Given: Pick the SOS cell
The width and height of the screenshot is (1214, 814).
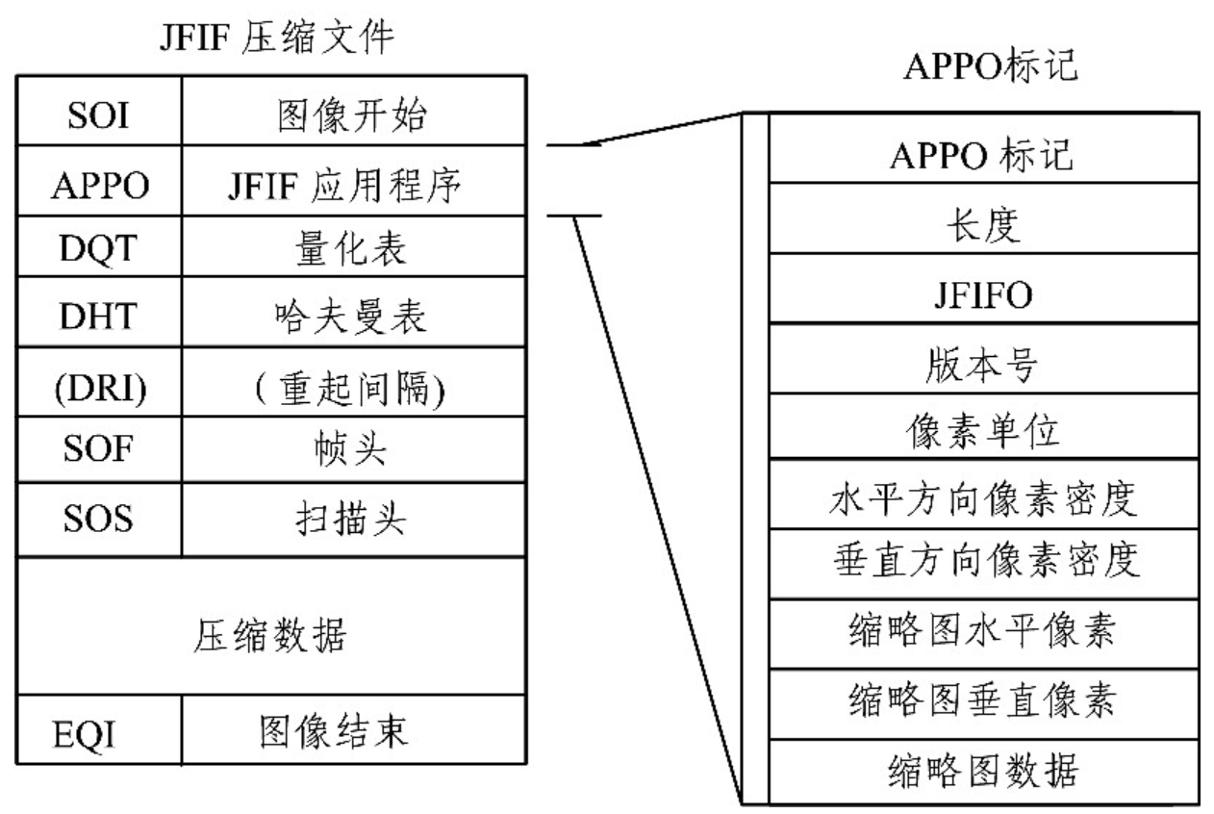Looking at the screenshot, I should click(97, 521).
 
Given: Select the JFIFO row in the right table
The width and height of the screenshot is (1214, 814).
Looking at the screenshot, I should click(983, 295).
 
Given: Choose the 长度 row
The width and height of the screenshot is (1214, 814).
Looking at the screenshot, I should click(983, 226).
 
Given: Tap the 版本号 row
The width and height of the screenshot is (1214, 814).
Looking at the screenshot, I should click(983, 364).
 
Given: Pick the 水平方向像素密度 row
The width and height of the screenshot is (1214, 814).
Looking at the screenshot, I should click(983, 499).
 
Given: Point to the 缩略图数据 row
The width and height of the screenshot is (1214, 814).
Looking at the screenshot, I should click(983, 772).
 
